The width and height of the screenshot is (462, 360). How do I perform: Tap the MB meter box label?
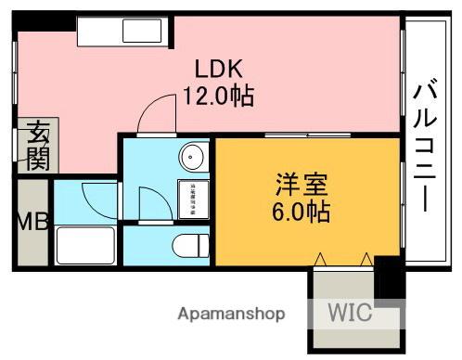31,223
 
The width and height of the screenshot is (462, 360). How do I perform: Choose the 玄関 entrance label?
38,147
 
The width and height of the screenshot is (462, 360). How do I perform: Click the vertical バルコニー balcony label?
426,148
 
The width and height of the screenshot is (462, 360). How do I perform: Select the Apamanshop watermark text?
231,314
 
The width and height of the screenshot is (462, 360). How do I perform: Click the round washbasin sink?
193,158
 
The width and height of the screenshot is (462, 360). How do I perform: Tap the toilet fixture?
191,246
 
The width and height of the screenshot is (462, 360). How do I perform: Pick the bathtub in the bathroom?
85,245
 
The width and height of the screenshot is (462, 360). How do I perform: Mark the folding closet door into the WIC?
345,259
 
